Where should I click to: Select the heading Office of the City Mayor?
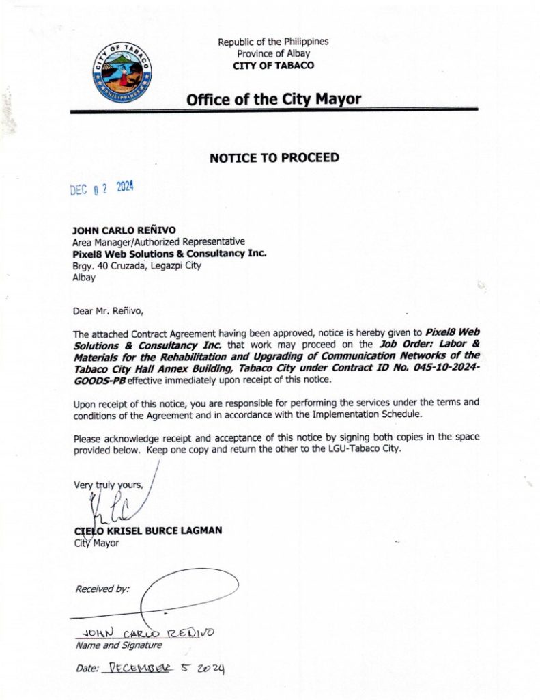[274, 99]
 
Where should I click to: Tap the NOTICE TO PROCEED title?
[274, 158]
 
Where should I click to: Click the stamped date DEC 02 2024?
[102, 189]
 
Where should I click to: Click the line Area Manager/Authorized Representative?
[158, 242]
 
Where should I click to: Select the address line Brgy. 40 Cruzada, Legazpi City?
[137, 266]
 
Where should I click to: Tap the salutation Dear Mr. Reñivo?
[109, 312]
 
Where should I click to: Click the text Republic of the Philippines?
[273, 42]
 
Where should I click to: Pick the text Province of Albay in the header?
[273, 53]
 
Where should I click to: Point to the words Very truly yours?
[109, 485]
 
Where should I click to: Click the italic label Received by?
[102, 589]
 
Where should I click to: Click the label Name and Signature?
[118, 645]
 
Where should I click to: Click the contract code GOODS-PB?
[100, 379]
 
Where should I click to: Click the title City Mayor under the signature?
[96, 543]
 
